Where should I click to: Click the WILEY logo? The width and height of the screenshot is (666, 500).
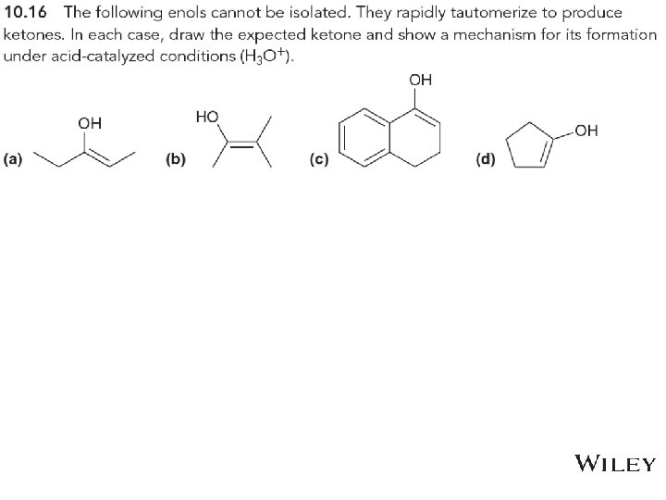[615, 464]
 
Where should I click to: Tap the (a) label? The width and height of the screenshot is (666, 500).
[14, 160]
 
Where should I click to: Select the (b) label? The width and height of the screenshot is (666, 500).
[175, 160]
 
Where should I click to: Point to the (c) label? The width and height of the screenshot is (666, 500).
[318, 160]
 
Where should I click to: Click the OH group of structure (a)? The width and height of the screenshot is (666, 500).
[90, 122]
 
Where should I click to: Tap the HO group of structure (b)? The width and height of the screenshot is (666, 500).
[207, 117]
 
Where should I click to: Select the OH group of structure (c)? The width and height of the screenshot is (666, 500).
[420, 81]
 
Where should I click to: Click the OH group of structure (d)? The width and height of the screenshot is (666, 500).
[586, 131]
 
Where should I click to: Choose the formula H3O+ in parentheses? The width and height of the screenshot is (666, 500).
[268, 57]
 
